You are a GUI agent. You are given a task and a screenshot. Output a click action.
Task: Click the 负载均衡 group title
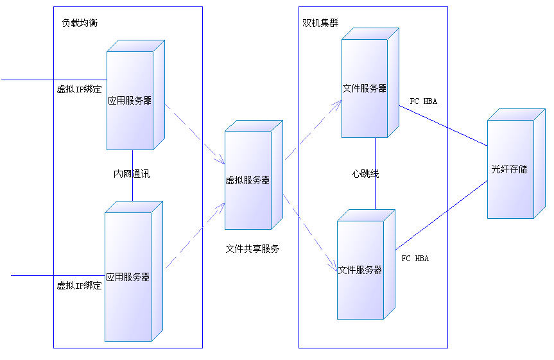[80, 23]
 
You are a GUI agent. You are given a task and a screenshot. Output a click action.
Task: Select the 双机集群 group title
[320, 23]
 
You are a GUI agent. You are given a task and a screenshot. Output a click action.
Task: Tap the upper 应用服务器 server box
[130, 100]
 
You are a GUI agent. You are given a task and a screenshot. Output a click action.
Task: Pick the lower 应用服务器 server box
[128, 277]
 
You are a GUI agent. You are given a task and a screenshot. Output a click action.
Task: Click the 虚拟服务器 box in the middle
[248, 180]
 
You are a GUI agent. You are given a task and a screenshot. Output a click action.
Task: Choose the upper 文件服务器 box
[365, 89]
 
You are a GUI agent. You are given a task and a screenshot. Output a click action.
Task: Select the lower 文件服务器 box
[360, 270]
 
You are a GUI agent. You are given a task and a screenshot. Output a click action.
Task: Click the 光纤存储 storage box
[510, 169]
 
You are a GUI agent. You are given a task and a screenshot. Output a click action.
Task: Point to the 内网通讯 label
[132, 174]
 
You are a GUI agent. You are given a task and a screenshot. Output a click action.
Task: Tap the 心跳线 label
[365, 174]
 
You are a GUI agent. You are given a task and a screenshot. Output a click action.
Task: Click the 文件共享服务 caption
[252, 248]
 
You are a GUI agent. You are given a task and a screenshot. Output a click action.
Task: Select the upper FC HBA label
[423, 101]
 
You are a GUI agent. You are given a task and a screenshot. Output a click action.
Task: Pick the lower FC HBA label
[415, 259]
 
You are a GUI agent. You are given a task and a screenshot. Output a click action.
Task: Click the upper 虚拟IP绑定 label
[79, 89]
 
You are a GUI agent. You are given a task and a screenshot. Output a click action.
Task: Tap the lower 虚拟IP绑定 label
[79, 286]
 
